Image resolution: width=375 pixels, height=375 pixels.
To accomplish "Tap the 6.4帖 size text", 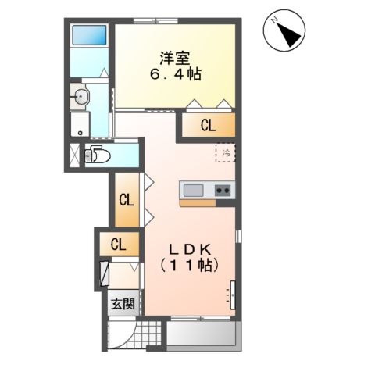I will pyautogui.click(x=175, y=75).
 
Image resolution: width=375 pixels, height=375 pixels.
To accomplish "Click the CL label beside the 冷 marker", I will pyautogui.click(x=208, y=126).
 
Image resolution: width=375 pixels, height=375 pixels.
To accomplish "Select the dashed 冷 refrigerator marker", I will pyautogui.click(x=226, y=152).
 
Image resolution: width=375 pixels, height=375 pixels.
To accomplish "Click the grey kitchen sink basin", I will pyautogui.click(x=193, y=190).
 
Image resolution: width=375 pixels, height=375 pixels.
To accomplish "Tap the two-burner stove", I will pyautogui.click(x=223, y=190).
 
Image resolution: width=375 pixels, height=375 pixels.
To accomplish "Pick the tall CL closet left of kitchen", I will pyautogui.click(x=126, y=198).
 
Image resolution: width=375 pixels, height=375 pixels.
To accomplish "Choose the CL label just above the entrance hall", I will pyautogui.click(x=117, y=245).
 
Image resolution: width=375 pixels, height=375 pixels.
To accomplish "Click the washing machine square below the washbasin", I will pyautogui.click(x=80, y=124).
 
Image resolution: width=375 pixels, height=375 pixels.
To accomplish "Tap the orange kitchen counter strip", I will pyautogui.click(x=207, y=202).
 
